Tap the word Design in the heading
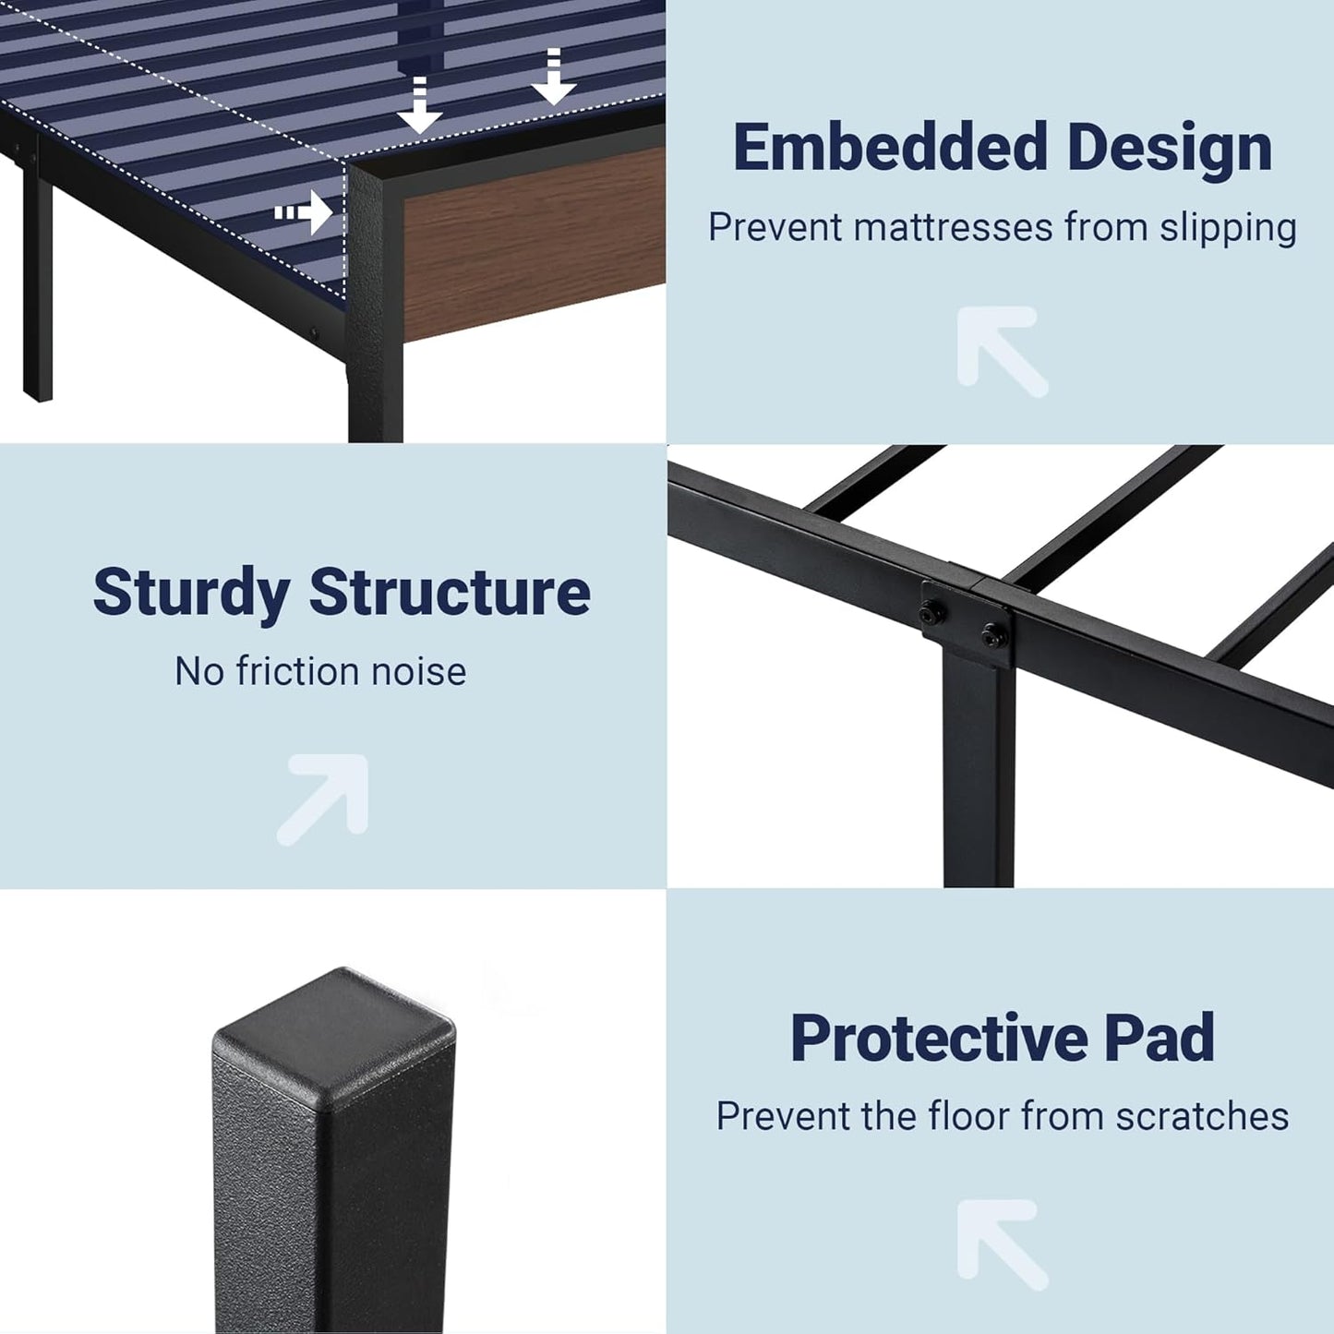(1170, 148)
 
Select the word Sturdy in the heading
(191, 593)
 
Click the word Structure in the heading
(450, 593)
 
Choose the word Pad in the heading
(1160, 1039)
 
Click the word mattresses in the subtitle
(954, 228)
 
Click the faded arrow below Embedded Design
(1001, 351)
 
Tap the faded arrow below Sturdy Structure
(324, 799)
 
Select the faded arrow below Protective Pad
(1001, 1244)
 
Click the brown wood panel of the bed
(531, 245)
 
